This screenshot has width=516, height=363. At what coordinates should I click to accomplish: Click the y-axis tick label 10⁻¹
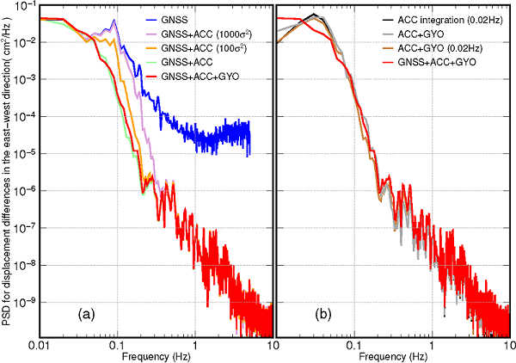click(24, 7)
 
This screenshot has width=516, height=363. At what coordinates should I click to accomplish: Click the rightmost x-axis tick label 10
click(507, 345)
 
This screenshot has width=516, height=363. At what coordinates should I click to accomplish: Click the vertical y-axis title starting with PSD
click(6, 172)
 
